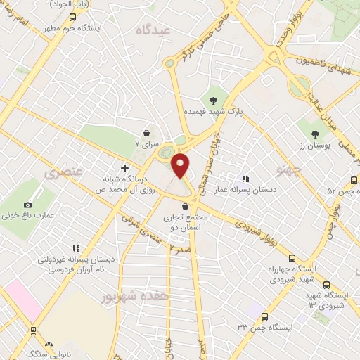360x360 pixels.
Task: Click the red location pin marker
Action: pos(181,165)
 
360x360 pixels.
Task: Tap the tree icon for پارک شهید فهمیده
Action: pos(213,99)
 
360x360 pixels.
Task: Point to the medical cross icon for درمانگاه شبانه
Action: pos(124,168)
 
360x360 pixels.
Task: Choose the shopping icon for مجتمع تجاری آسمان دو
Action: pos(184,206)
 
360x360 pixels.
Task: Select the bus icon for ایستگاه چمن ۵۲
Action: pos(355,179)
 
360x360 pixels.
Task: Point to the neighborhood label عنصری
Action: pos(63,171)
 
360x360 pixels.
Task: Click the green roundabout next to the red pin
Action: pos(166,151)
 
